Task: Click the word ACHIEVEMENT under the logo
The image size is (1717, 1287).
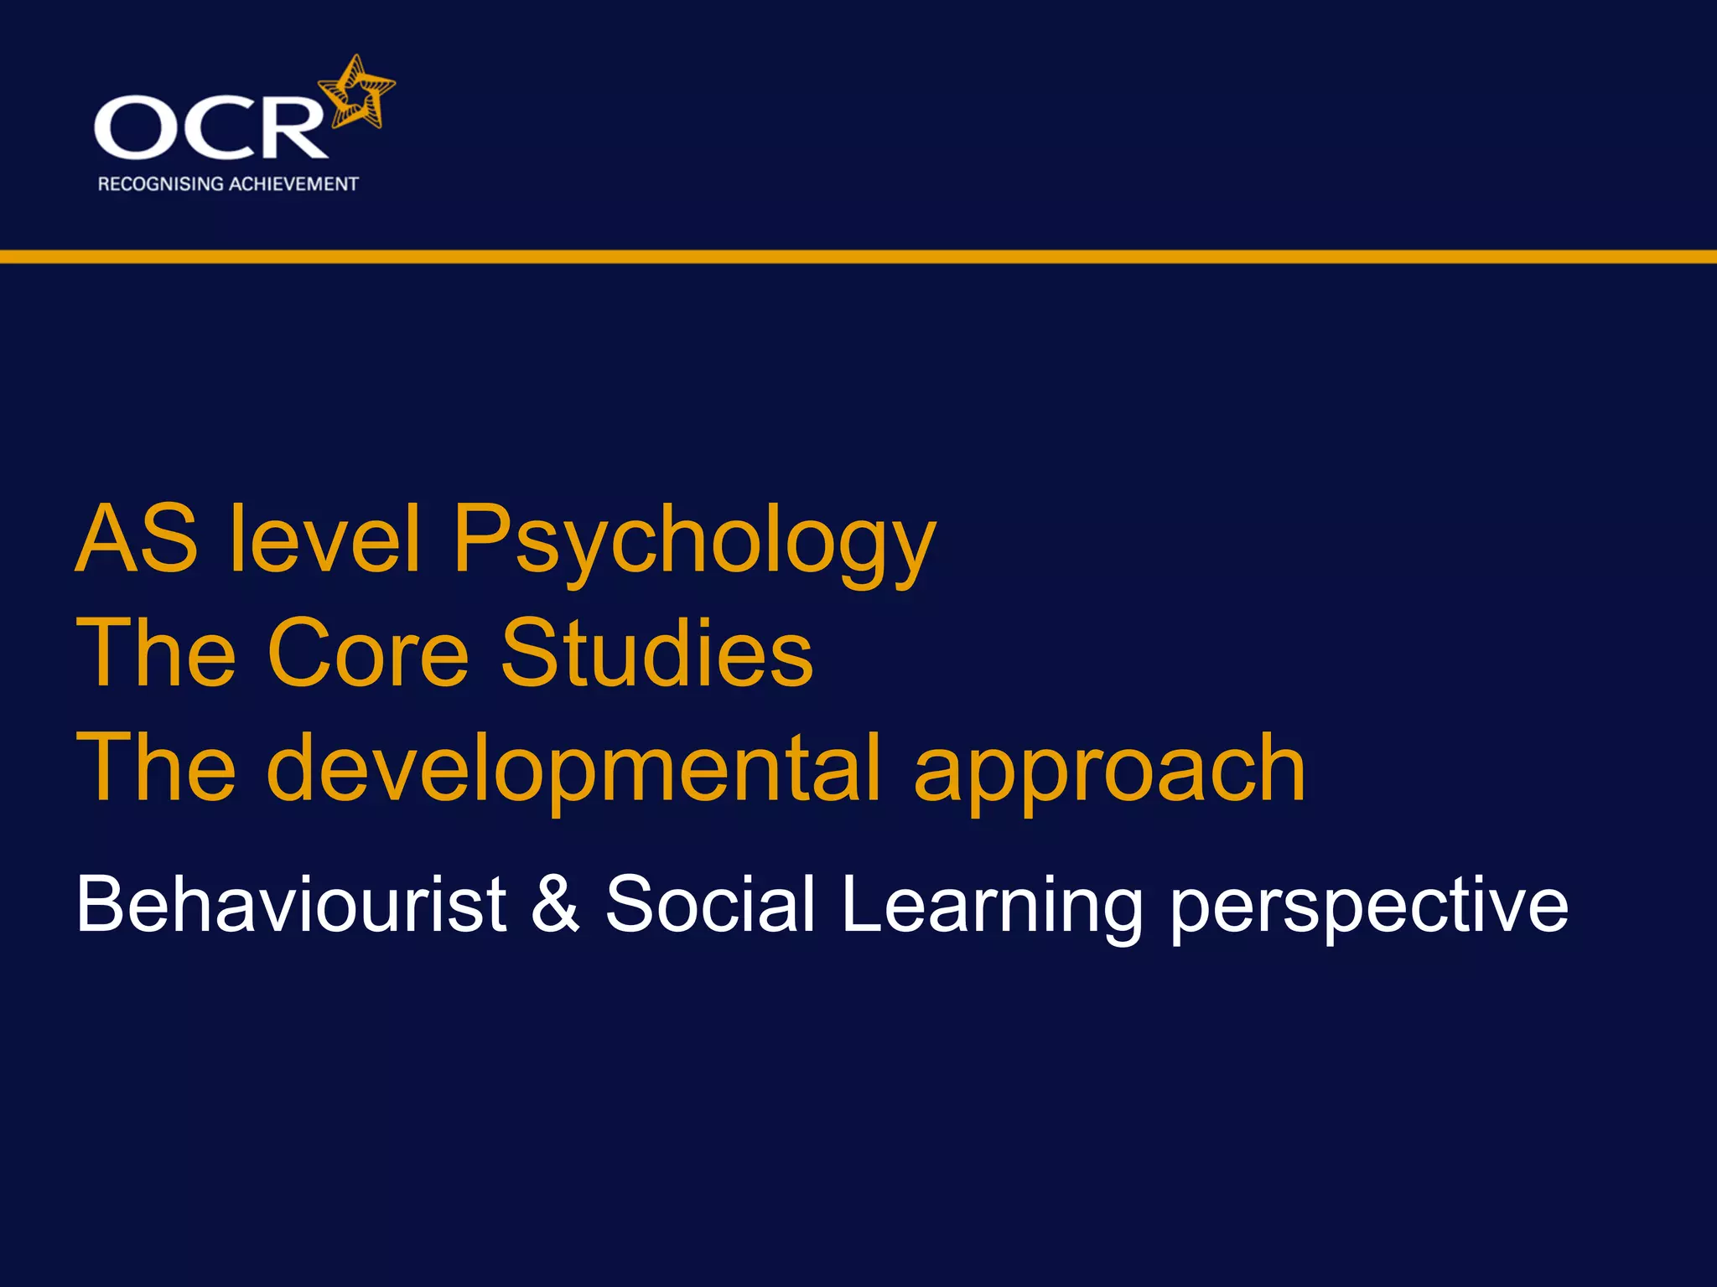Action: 293,184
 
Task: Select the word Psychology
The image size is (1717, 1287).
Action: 694,545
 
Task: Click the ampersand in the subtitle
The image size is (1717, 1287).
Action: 556,904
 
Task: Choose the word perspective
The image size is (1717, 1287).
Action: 1368,909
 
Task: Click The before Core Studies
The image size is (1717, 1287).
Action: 156,653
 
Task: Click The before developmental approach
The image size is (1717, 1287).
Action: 156,768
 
